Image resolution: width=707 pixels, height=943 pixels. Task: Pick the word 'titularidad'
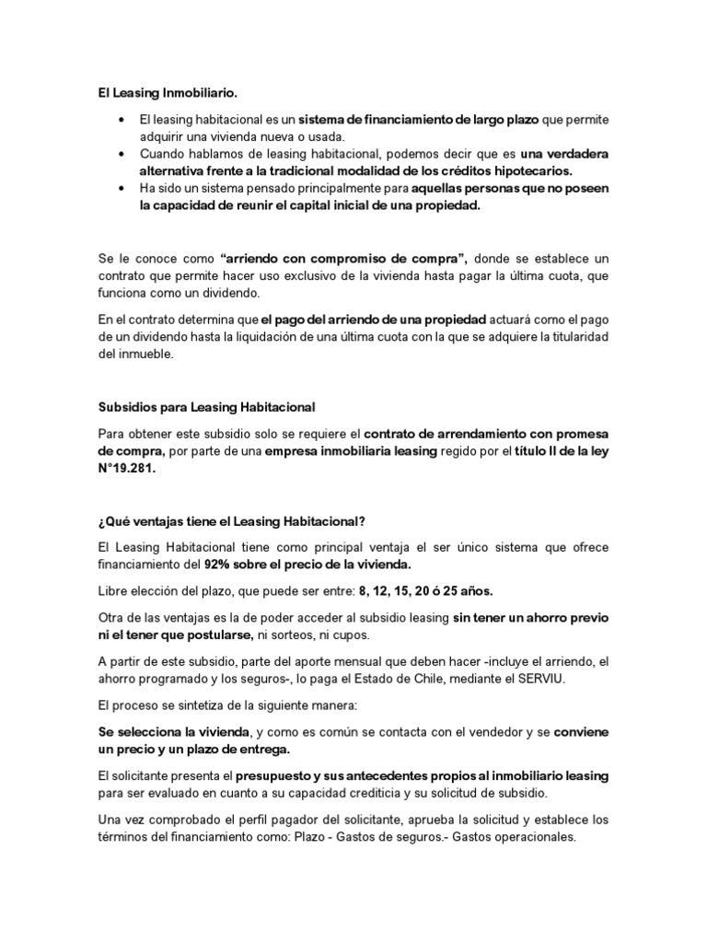tap(573, 337)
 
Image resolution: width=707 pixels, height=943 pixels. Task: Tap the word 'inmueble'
tap(145, 355)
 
